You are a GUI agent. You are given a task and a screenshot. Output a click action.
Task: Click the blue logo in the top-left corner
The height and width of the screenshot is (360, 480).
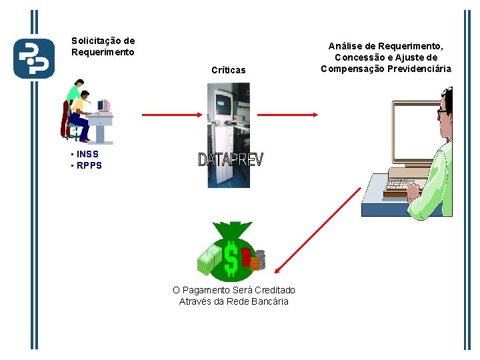[x=34, y=59]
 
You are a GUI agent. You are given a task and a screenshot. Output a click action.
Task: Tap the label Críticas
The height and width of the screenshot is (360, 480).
[x=228, y=70]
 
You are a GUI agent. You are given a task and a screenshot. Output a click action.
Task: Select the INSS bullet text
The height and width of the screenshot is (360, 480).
[x=87, y=155]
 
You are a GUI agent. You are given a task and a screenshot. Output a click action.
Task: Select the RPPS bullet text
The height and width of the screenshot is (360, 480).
[x=89, y=166]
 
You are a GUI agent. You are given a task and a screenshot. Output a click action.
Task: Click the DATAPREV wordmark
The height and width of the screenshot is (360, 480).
[x=231, y=160]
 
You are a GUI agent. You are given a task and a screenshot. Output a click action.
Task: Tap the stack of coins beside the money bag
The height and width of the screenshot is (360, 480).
[x=257, y=260]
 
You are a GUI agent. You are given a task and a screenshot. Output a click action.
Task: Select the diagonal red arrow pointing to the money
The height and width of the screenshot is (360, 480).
[x=317, y=229]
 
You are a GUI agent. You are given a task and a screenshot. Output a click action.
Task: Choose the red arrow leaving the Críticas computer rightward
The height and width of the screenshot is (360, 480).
[x=280, y=115]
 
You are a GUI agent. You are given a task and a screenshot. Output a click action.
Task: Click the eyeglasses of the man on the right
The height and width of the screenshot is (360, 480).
[x=444, y=114]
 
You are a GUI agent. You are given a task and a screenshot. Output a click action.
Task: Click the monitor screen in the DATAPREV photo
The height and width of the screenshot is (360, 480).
[x=223, y=103]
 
